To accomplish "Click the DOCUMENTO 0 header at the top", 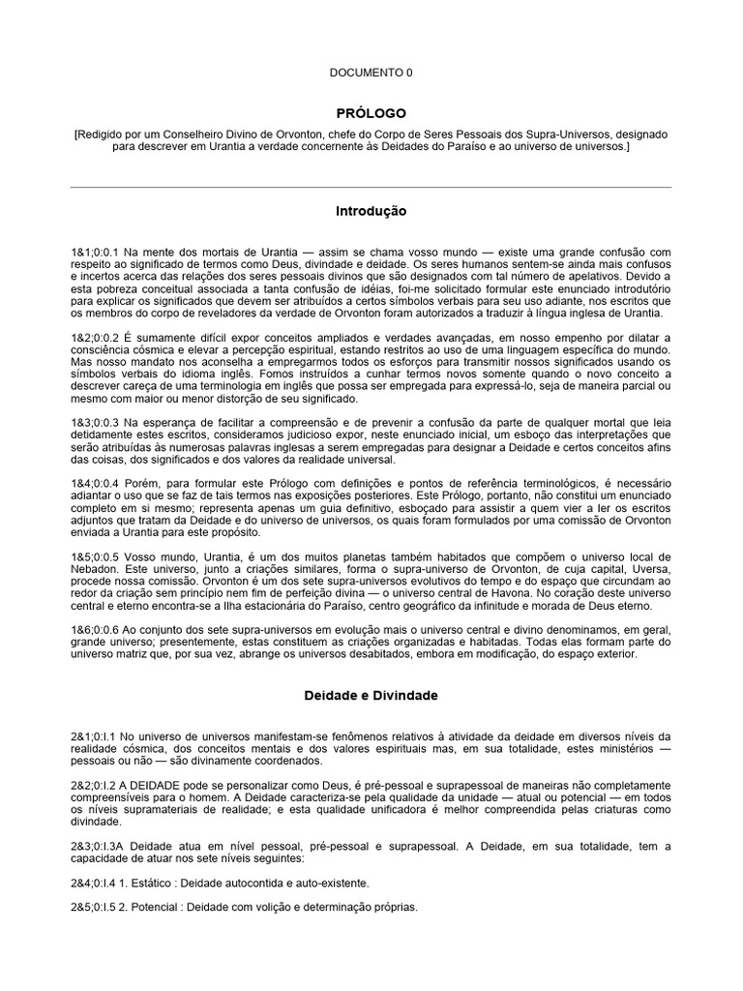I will click(x=371, y=73).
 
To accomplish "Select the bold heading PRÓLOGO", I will click(x=371, y=113).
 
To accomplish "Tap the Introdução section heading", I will click(x=371, y=211).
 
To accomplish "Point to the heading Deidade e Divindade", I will click(x=371, y=695).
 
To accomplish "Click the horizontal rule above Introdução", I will click(x=371, y=187).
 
